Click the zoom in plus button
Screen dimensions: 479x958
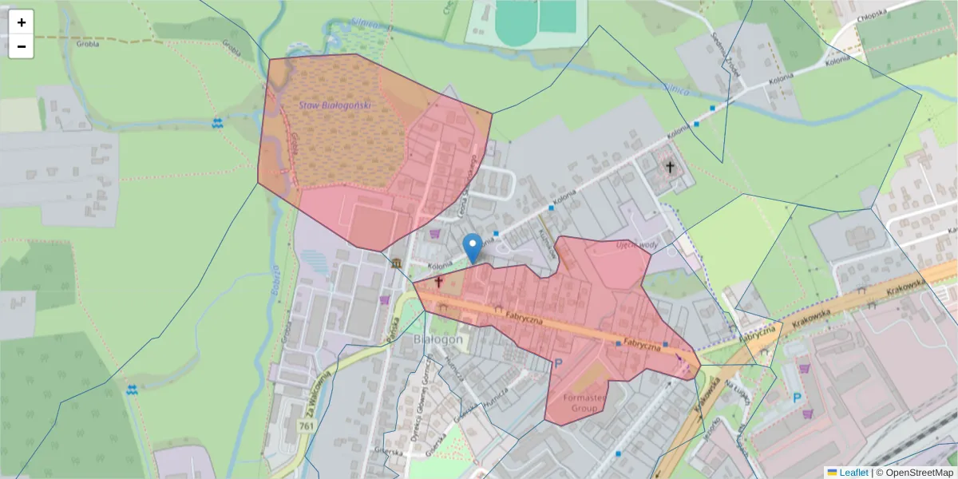click(x=22, y=22)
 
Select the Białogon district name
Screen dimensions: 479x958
click(x=438, y=339)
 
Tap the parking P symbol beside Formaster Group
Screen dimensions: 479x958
click(x=558, y=363)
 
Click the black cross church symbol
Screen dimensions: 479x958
click(x=670, y=168)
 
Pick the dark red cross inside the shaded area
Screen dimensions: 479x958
click(x=438, y=282)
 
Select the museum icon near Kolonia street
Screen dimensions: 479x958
click(x=397, y=264)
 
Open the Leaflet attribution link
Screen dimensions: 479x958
click(x=853, y=473)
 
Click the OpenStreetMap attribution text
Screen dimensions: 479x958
click(x=914, y=473)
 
